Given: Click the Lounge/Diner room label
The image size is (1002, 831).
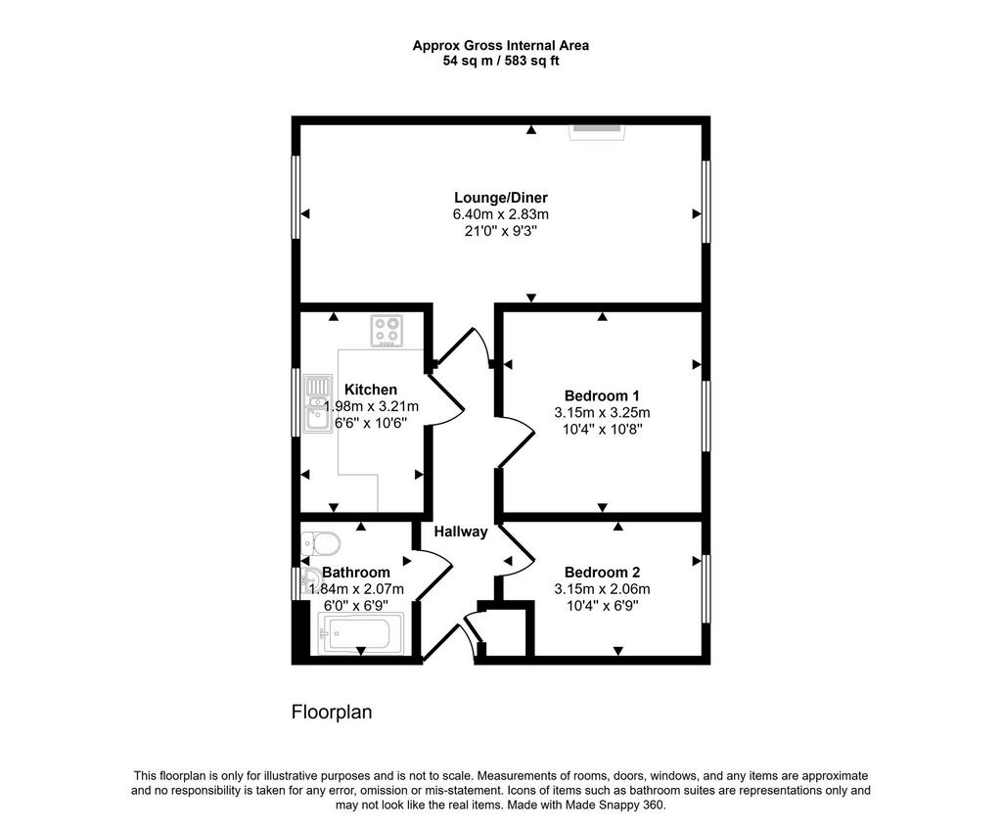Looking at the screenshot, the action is (500, 198).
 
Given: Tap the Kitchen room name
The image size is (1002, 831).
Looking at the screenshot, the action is (371, 390).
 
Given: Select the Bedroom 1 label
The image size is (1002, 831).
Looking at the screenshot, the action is (602, 395).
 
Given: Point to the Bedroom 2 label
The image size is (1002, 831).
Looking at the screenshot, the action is (602, 573).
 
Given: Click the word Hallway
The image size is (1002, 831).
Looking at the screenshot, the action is (461, 531).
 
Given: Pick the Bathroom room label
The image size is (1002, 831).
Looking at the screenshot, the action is (356, 573).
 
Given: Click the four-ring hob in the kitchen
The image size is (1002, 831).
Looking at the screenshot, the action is (387, 331).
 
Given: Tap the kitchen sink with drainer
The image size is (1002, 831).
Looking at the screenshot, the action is (318, 403).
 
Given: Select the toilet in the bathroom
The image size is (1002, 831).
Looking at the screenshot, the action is (320, 543).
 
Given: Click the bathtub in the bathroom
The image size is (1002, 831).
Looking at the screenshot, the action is (360, 633).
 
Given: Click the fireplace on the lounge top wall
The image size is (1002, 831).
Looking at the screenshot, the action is (598, 131).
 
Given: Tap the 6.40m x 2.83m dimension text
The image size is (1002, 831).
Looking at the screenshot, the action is (500, 214).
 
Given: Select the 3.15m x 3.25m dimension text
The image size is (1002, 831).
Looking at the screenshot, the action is (602, 412).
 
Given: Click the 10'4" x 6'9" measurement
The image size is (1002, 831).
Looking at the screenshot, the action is (602, 605).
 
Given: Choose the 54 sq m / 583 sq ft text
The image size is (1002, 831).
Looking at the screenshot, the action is (501, 62).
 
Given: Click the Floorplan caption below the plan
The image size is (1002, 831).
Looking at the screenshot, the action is (332, 713).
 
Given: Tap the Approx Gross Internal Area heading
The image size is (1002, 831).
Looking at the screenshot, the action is (501, 45).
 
